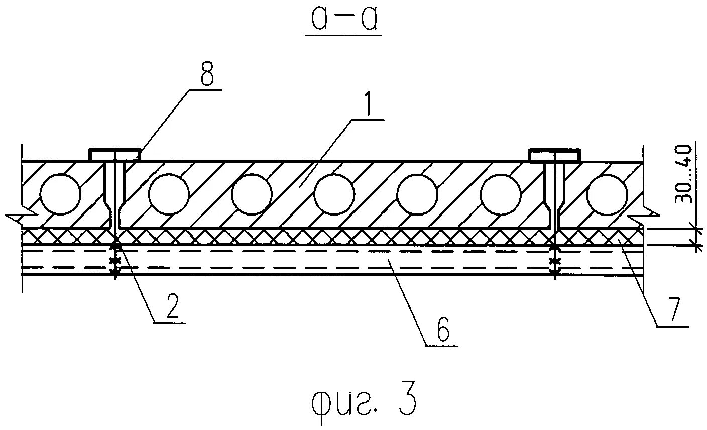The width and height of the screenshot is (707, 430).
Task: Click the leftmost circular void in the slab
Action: pos(60,194)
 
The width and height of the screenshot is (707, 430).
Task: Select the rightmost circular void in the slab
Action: pos(607,194)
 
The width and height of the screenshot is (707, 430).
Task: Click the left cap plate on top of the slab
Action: pos(114,155)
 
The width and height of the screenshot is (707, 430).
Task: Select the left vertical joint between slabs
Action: pos(115,196)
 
